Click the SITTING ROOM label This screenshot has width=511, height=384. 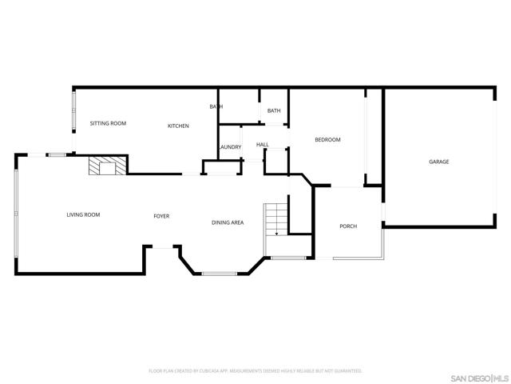[x=108, y=123]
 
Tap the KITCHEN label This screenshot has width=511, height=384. [x=178, y=126]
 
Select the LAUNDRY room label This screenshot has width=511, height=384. [x=230, y=147]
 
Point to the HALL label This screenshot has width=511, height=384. [x=262, y=145]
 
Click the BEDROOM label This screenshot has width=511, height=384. [x=327, y=140]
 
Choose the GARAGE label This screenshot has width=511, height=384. [x=438, y=162]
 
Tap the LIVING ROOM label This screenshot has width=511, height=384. [x=83, y=214]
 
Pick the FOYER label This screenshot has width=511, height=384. [x=161, y=216]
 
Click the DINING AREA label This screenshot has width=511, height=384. [x=228, y=222]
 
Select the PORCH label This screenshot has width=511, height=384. [x=348, y=226]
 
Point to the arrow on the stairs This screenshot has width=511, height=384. [x=275, y=233]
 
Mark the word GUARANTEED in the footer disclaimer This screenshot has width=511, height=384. [x=347, y=371]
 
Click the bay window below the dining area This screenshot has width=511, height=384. [x=219, y=274]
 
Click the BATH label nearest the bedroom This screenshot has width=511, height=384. [x=274, y=110]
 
